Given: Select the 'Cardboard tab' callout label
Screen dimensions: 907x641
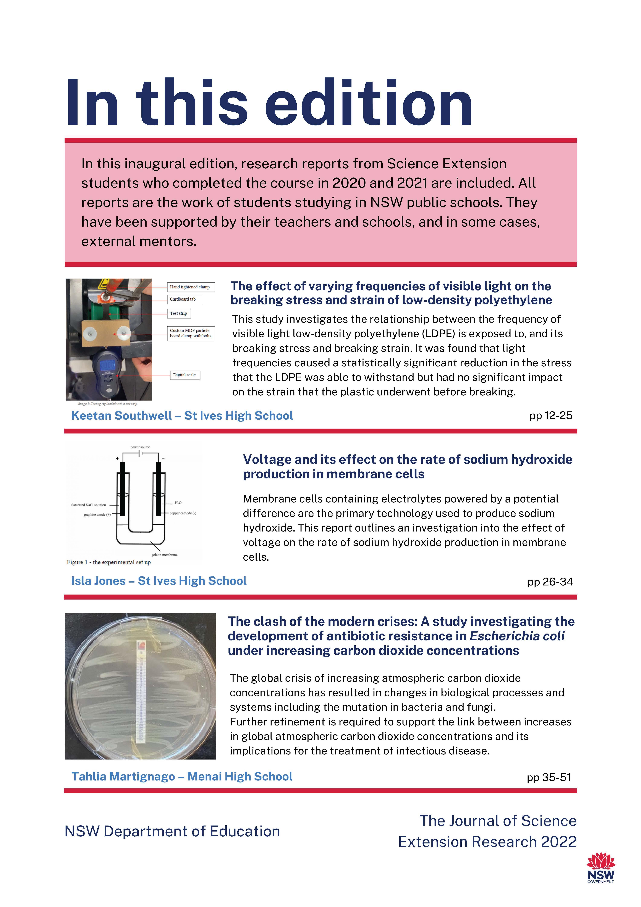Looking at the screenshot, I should point(183,299).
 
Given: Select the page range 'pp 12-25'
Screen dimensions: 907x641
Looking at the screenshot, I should point(550,416).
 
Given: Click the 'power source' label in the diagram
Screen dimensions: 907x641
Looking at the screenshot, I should point(140,447).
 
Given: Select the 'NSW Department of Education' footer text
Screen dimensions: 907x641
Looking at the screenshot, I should point(172,831).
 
